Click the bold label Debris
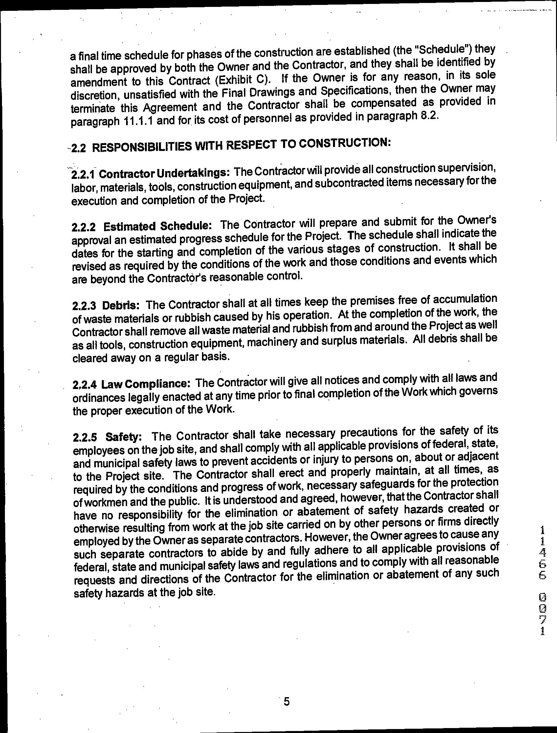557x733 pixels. tap(123, 305)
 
